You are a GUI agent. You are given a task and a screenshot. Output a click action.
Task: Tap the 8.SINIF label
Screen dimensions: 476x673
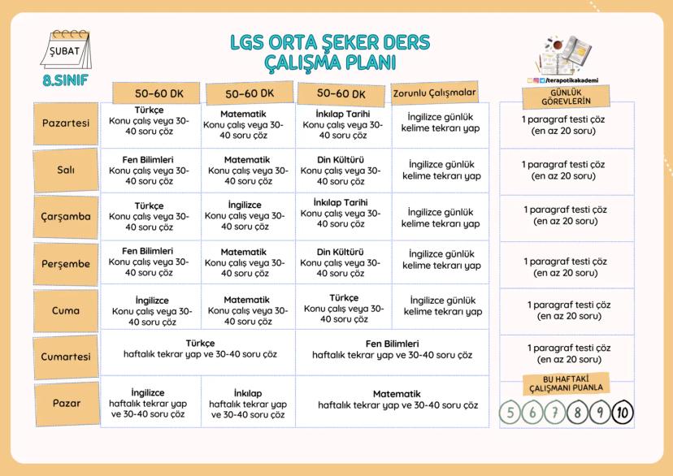point(66,81)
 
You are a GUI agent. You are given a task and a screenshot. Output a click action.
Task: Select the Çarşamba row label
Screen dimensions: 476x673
point(67,217)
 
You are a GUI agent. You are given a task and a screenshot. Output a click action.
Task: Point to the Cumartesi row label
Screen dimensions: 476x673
point(67,356)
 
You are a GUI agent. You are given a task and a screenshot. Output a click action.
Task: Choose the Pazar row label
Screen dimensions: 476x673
point(67,403)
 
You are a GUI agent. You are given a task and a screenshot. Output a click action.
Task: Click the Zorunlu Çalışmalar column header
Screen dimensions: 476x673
point(435,93)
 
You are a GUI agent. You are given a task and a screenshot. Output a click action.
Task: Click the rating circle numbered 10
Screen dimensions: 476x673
point(623,413)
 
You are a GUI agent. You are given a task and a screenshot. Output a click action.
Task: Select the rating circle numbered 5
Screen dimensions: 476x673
point(510,413)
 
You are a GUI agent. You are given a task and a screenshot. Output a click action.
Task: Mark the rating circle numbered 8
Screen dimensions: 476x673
point(577,413)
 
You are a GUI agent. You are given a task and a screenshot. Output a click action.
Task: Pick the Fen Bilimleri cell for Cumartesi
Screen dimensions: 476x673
point(392,349)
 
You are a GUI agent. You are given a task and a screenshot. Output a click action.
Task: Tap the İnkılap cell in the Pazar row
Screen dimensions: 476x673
point(247,403)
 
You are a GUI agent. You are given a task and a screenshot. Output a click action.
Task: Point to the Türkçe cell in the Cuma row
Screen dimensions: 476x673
point(343,309)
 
